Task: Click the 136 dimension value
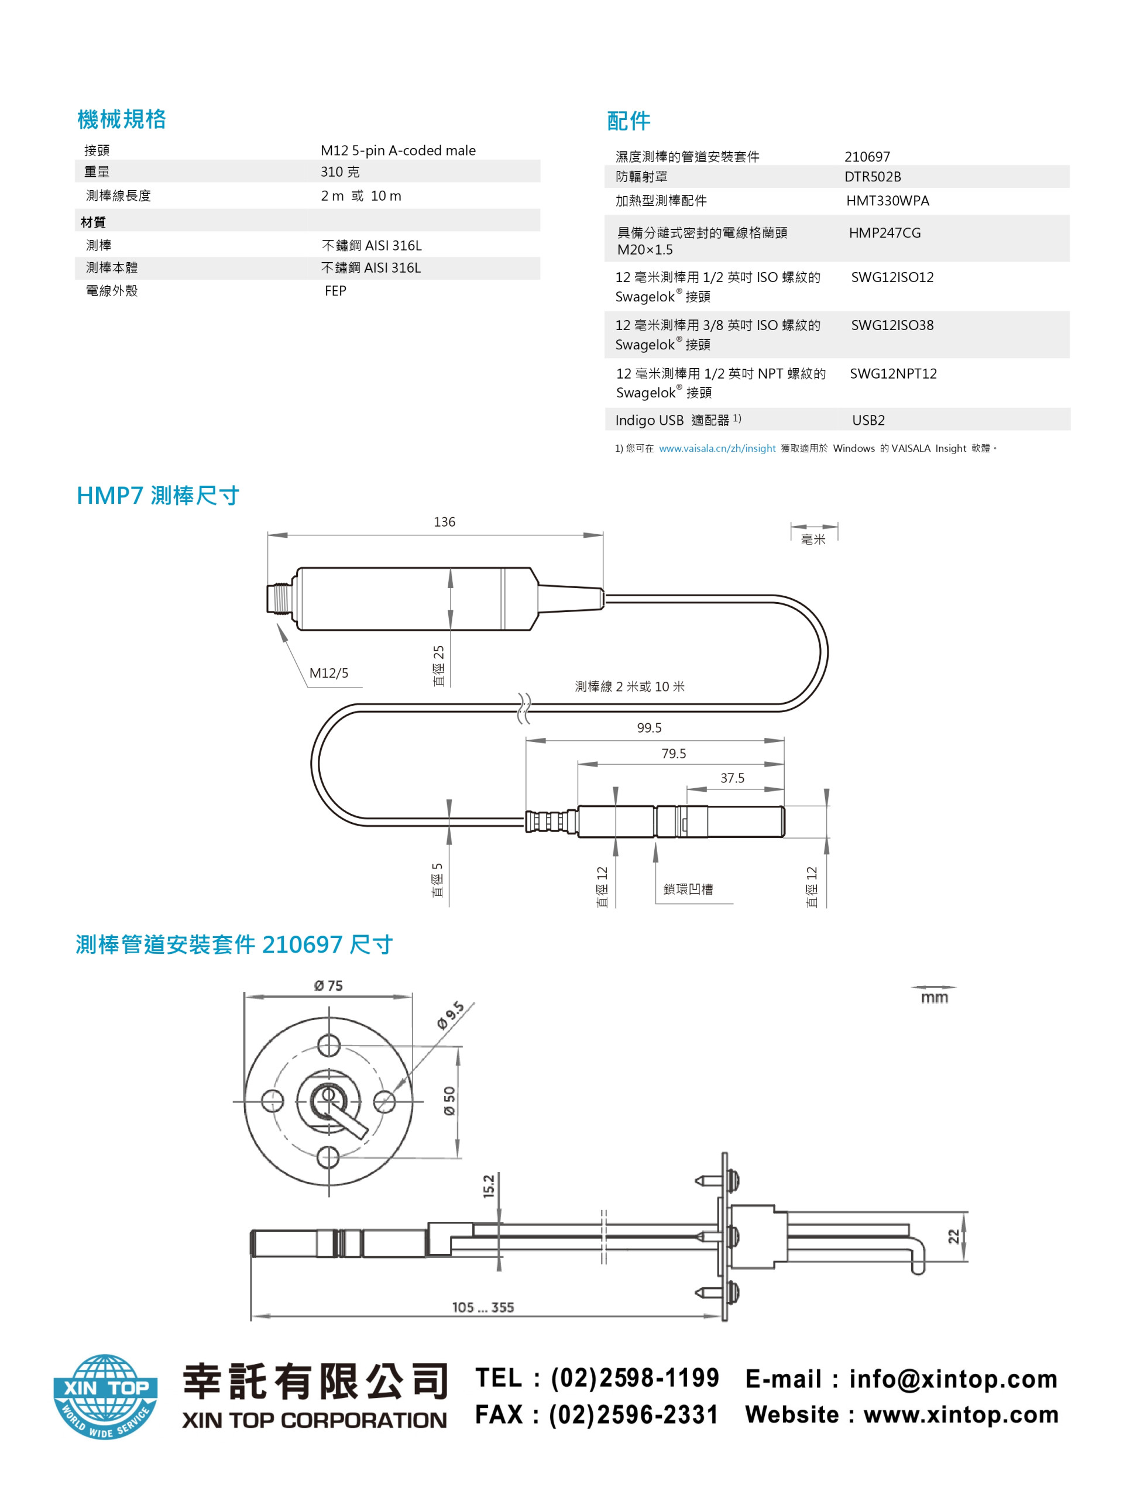[444, 521]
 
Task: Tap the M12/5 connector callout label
[328, 672]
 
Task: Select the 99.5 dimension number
[649, 727]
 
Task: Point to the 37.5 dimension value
[732, 778]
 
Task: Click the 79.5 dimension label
[673, 753]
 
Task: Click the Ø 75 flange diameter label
[328, 985]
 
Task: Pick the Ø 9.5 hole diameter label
[451, 1015]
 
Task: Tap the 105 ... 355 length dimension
[483, 1307]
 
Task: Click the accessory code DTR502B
[873, 177]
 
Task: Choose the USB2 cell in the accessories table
[868, 420]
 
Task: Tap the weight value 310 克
[340, 171]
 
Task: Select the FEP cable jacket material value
[335, 290]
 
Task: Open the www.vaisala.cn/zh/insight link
[717, 448]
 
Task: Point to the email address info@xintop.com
[953, 1379]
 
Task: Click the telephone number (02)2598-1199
[635, 1377]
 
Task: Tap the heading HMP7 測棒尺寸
[158, 495]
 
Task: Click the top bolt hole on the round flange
[329, 1045]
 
